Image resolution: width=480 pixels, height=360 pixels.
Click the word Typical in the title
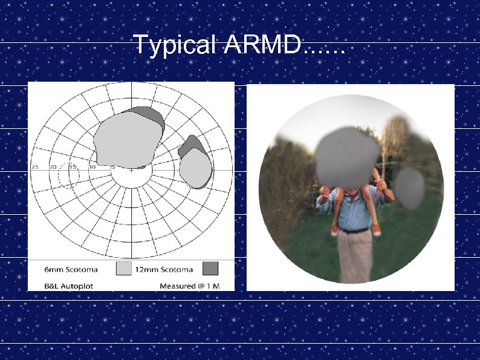175,44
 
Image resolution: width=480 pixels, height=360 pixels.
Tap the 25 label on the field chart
36,166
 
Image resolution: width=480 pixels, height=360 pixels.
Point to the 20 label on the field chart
53,166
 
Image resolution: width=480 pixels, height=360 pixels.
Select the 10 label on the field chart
92,166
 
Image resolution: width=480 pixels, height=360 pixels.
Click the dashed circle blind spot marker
69,175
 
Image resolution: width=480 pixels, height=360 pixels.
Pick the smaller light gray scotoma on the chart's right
196,168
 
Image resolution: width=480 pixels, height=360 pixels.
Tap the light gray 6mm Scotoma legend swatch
124,269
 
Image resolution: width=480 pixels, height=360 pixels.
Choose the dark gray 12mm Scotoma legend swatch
210,269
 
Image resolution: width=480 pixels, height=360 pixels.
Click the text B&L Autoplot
69,285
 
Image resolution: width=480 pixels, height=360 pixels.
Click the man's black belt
354,230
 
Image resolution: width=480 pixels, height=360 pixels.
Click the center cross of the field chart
131,170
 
